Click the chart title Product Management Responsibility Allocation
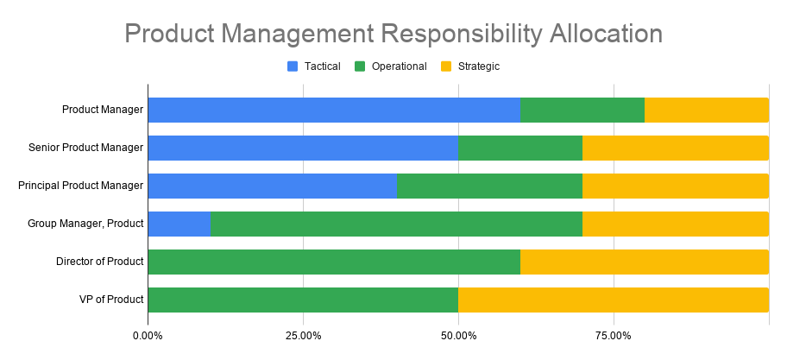[393, 34]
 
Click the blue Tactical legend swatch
[292, 66]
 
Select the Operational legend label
[399, 66]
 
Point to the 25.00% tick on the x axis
[303, 335]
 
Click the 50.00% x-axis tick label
[458, 335]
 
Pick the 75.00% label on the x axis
[614, 335]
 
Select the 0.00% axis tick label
[148, 335]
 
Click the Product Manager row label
[102, 110]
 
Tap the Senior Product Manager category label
[85, 148]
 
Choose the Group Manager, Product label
[85, 224]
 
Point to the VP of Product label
[110, 300]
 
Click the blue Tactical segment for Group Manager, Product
[179, 224]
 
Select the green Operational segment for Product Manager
[582, 110]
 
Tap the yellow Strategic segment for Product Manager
[707, 110]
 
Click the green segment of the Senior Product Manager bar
[520, 148]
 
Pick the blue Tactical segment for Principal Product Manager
[272, 186]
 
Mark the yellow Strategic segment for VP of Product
[614, 300]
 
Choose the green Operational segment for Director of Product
[334, 262]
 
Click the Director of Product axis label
[99, 262]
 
